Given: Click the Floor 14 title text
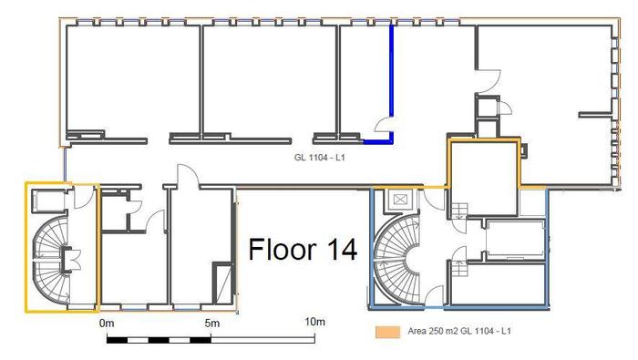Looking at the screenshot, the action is (x=303, y=249).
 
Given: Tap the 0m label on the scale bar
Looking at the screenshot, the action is (x=107, y=324).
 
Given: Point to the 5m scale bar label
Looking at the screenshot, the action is (x=212, y=324).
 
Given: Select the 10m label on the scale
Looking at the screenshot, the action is (x=315, y=322).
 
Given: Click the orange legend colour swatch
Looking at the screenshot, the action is (x=387, y=332).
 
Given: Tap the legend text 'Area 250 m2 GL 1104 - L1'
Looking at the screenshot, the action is (x=459, y=331).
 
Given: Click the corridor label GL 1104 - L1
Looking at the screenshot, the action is (x=319, y=157).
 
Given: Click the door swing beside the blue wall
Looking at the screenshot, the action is (x=382, y=124).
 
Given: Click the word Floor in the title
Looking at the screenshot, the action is (x=283, y=249).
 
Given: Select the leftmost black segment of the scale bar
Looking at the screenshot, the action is (x=118, y=340).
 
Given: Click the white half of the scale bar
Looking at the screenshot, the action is (x=262, y=340).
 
